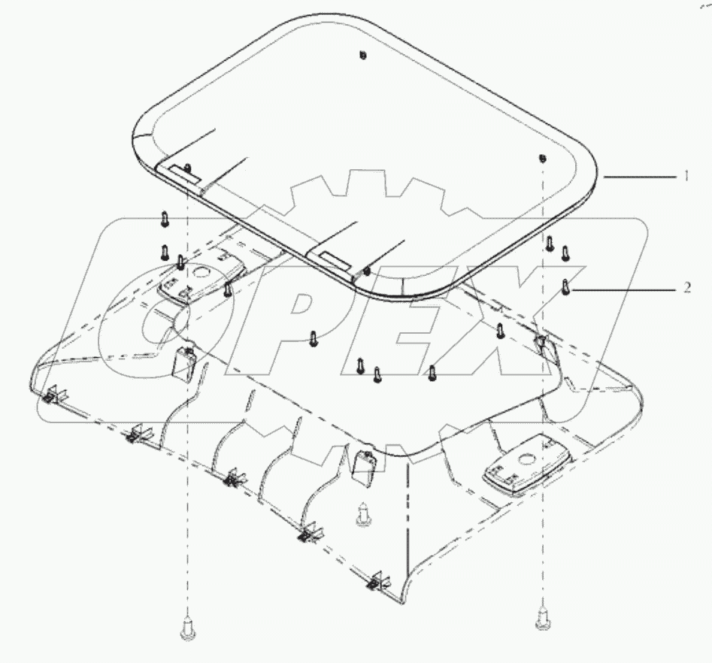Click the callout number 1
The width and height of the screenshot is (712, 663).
point(686,176)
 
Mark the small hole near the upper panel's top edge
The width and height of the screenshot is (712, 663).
point(363,56)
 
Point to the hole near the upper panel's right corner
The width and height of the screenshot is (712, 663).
point(542,158)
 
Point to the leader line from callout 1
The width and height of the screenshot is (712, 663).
point(639,176)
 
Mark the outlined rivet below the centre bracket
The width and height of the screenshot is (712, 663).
point(363,516)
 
